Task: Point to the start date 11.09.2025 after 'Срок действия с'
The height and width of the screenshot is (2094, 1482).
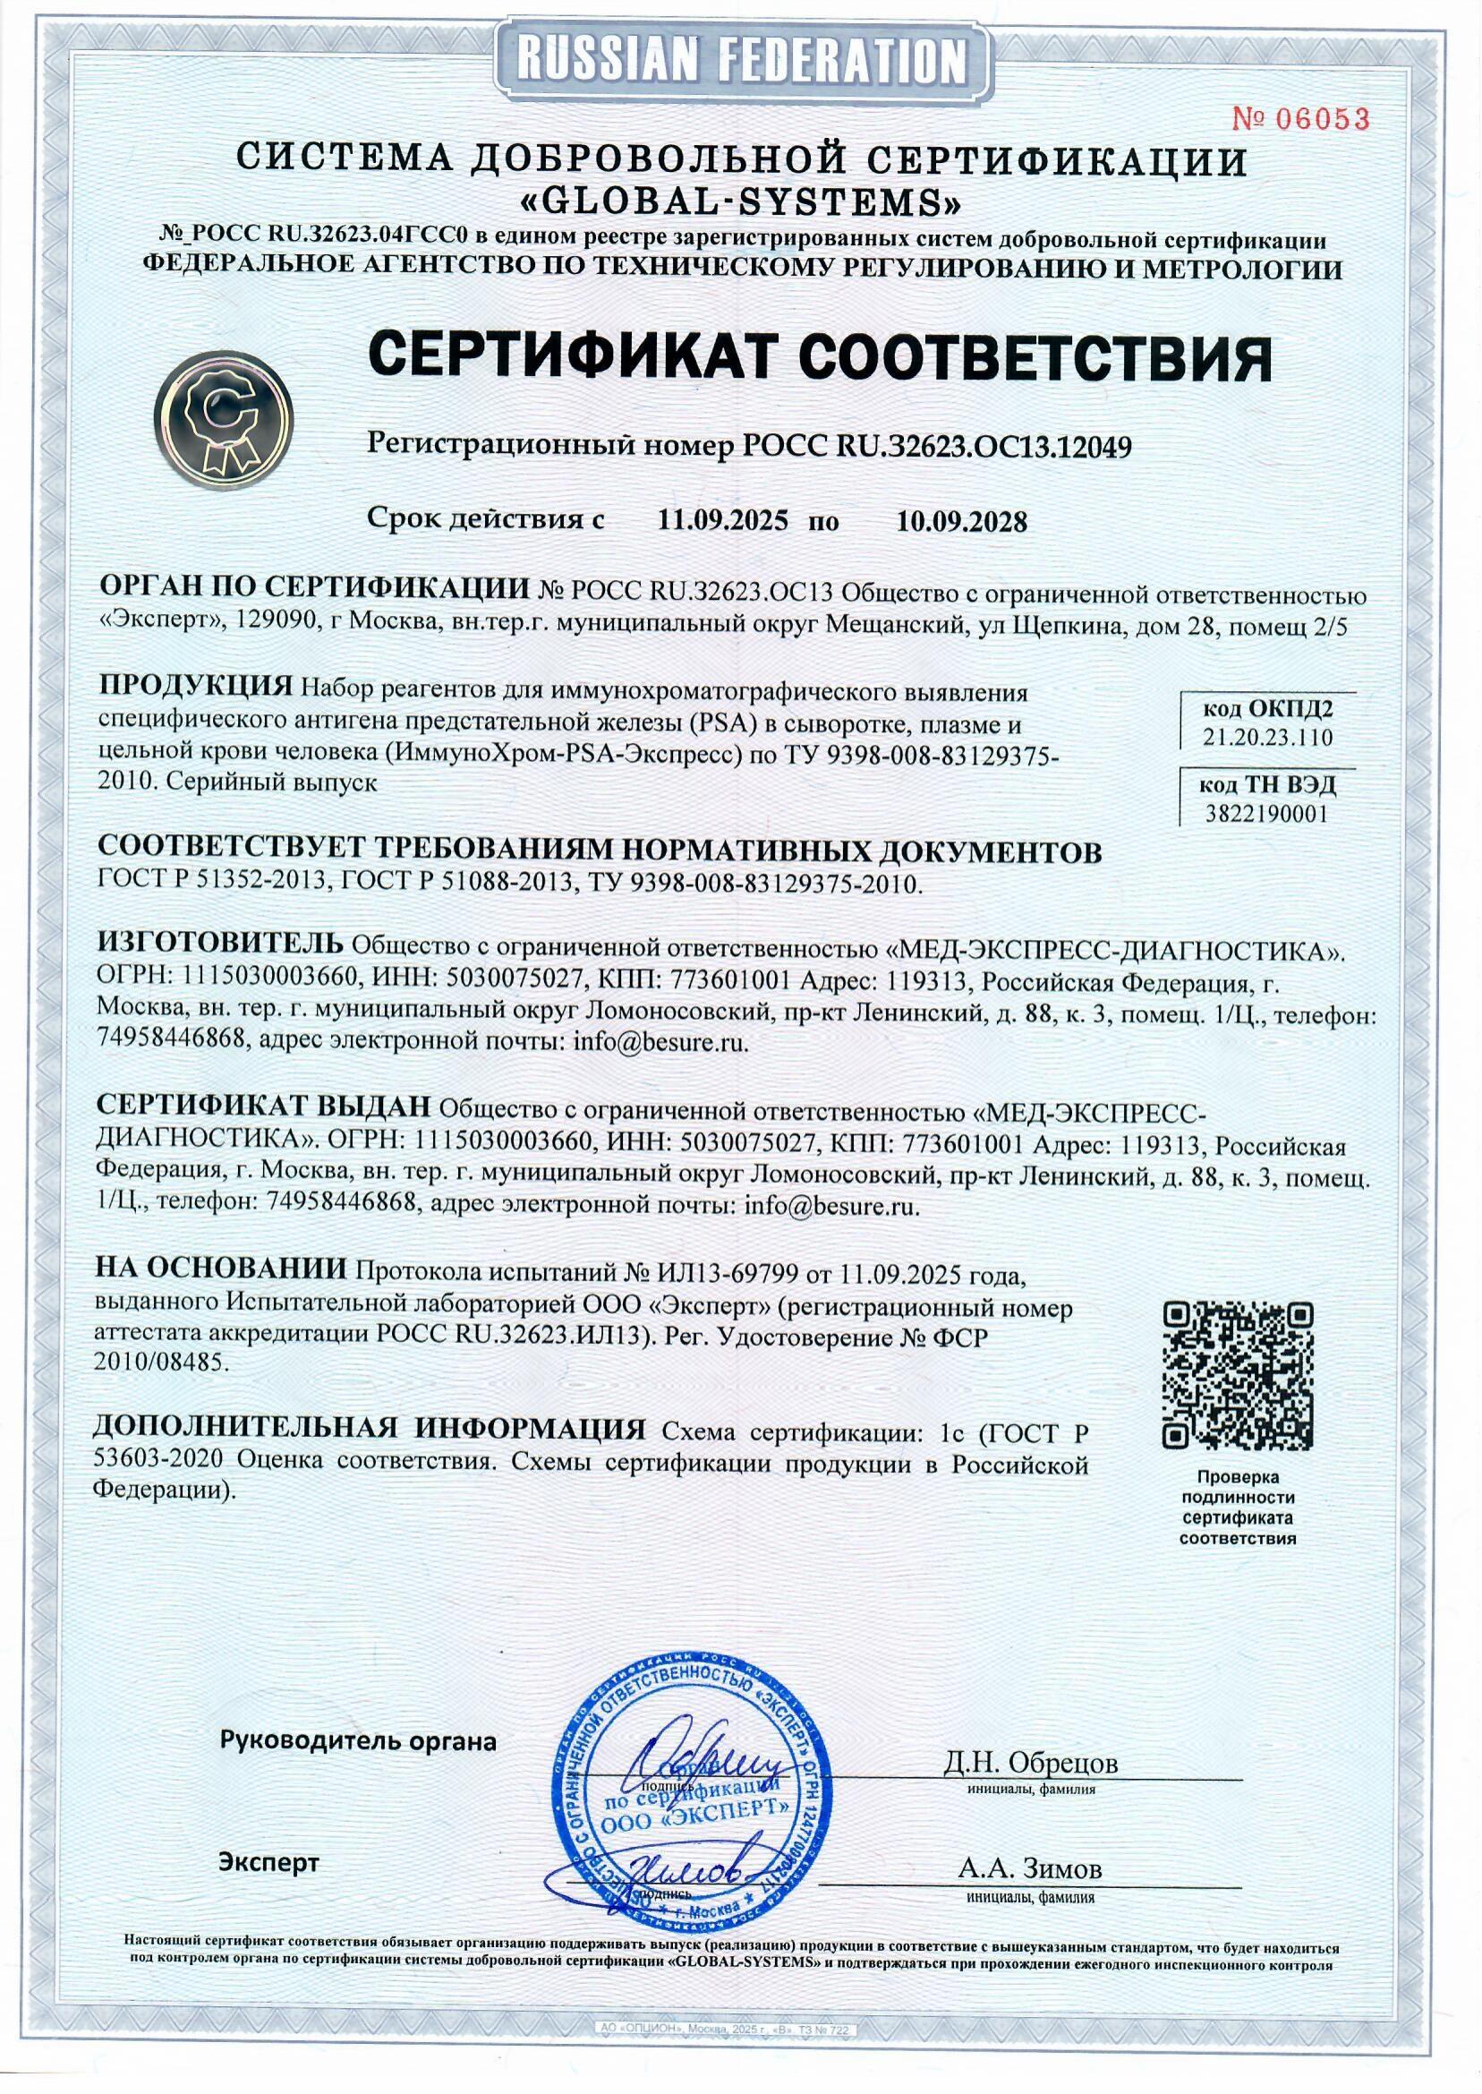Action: pyautogui.click(x=723, y=521)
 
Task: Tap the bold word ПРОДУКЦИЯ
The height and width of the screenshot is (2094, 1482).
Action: pyautogui.click(x=195, y=686)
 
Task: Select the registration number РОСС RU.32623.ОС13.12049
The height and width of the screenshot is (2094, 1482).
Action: pyautogui.click(x=938, y=447)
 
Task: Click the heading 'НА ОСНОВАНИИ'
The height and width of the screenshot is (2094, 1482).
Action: pyautogui.click(x=221, y=1269)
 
